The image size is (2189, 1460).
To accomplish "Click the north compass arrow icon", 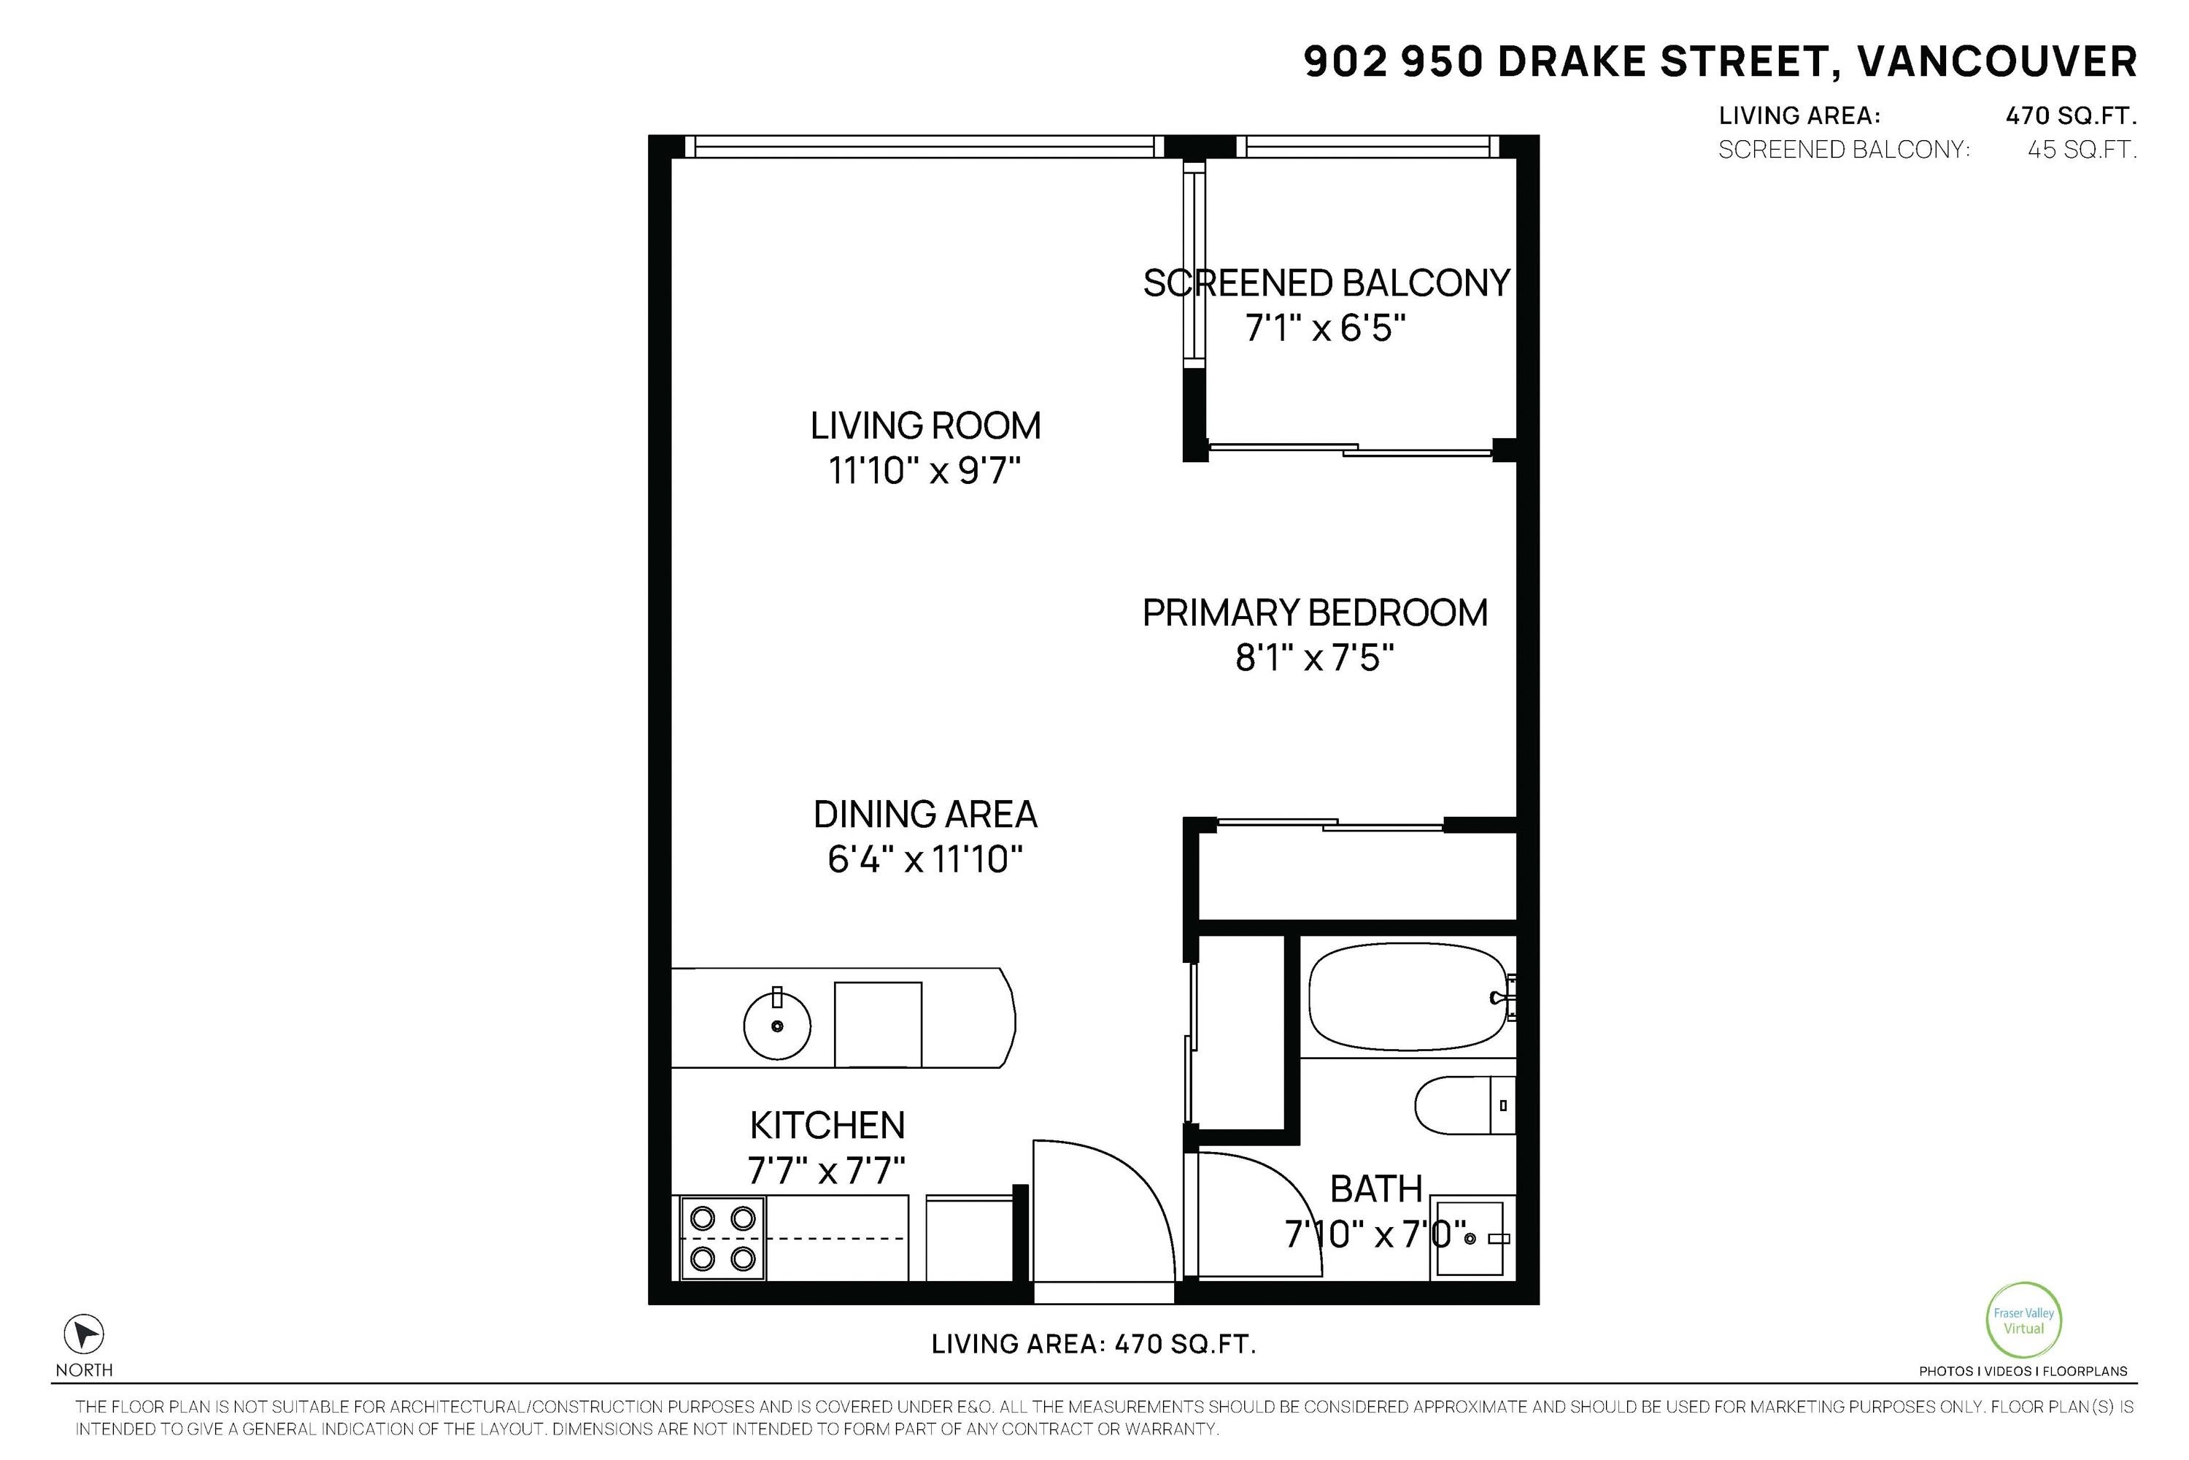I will pyautogui.click(x=84, y=1334).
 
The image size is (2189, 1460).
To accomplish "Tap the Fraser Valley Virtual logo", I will pyautogui.click(x=2023, y=1321).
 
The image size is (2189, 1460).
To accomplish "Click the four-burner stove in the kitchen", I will pyautogui.click(x=723, y=1238).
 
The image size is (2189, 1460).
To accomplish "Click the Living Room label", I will pyautogui.click(x=925, y=426).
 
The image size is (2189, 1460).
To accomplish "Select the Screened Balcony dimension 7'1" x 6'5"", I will pyautogui.click(x=1324, y=328).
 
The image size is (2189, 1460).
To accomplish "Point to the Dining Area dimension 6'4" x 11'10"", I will pyautogui.click(x=925, y=859).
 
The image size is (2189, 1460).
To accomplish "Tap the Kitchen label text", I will pyautogui.click(x=827, y=1126).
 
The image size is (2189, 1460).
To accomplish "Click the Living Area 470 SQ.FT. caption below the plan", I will pyautogui.click(x=1094, y=1345).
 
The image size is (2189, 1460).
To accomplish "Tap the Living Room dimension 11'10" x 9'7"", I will pyautogui.click(x=925, y=471).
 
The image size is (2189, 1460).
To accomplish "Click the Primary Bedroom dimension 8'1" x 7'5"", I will pyautogui.click(x=1314, y=659).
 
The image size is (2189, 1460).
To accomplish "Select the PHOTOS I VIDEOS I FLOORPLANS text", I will pyautogui.click(x=2023, y=1371).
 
